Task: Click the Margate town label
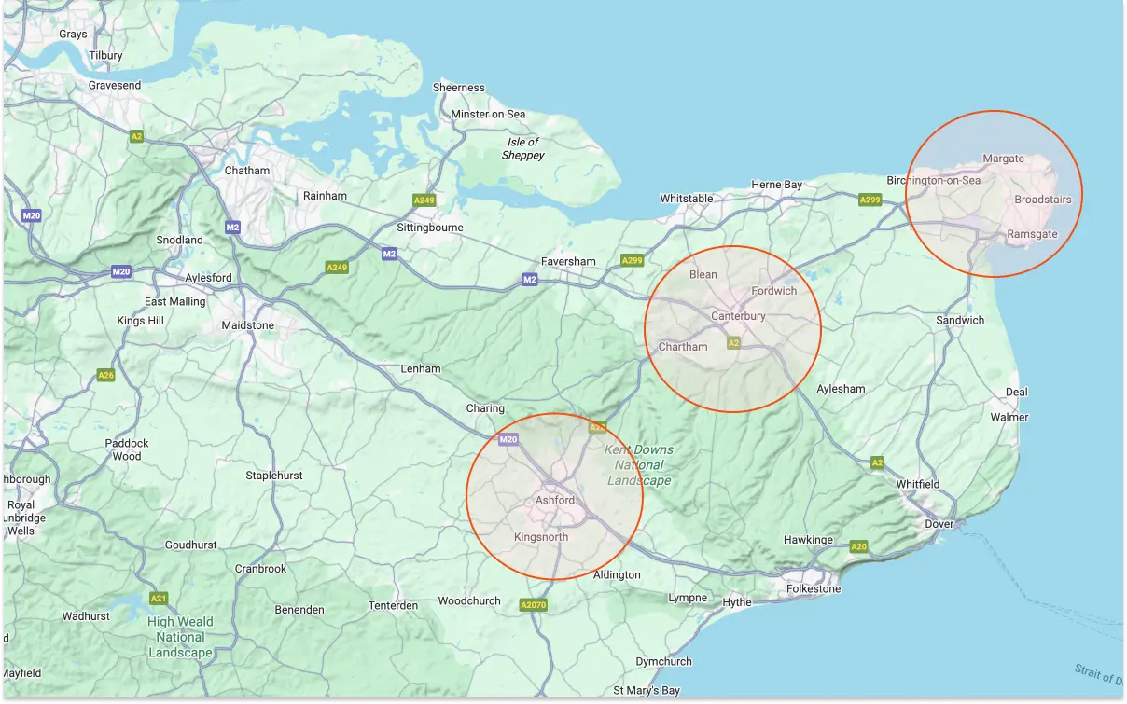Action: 1003,159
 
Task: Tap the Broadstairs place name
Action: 1042,199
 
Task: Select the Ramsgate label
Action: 1032,234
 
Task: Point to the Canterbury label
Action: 738,316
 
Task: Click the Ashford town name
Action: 555,501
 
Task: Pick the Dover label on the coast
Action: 939,524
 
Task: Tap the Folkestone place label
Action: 814,588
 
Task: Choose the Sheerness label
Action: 459,88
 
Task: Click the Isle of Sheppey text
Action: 522,148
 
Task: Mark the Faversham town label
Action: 568,261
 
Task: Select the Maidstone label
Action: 248,325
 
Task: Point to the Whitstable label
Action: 686,199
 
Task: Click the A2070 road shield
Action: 532,606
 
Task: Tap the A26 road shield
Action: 106,375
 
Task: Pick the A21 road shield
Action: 159,598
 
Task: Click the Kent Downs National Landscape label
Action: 639,465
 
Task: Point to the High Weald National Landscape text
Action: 180,637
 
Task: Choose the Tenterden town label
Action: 393,605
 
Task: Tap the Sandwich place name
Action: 960,320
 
